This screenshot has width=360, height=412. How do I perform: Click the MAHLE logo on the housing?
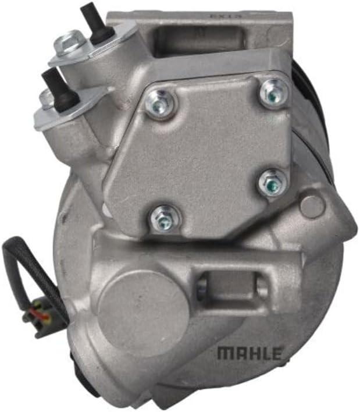[x=249, y=353]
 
